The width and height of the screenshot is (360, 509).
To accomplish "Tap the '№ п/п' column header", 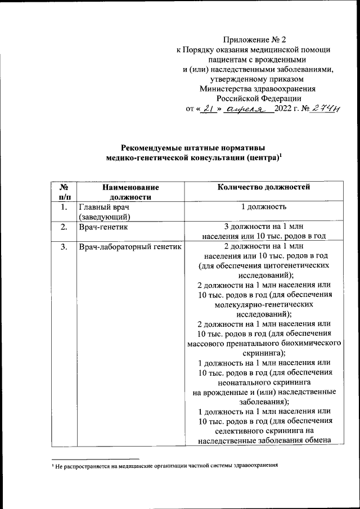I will point(64,192).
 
